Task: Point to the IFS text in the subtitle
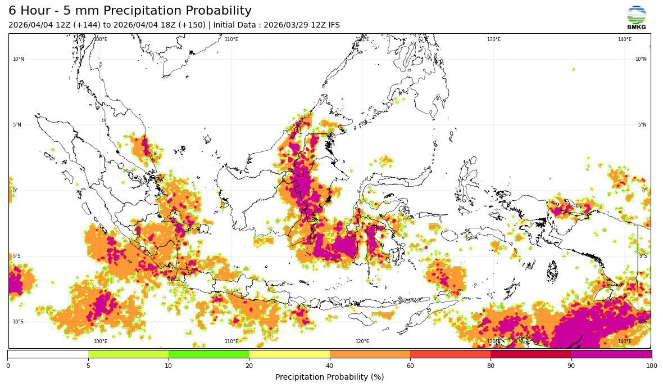click(x=333, y=25)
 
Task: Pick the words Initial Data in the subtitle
click(x=234, y=25)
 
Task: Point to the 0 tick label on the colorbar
click(x=8, y=366)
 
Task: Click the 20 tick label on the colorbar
click(x=249, y=366)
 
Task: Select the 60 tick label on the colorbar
click(x=410, y=366)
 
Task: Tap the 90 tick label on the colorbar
click(x=571, y=366)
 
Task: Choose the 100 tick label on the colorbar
click(x=651, y=366)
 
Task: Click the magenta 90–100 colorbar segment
click(x=611, y=354)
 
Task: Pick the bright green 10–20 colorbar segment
click(x=208, y=354)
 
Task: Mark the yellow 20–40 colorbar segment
click(x=289, y=354)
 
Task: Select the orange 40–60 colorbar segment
click(x=370, y=354)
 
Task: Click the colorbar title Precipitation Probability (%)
click(x=329, y=377)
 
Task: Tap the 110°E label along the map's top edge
click(x=231, y=39)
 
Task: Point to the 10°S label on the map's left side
click(x=19, y=322)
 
